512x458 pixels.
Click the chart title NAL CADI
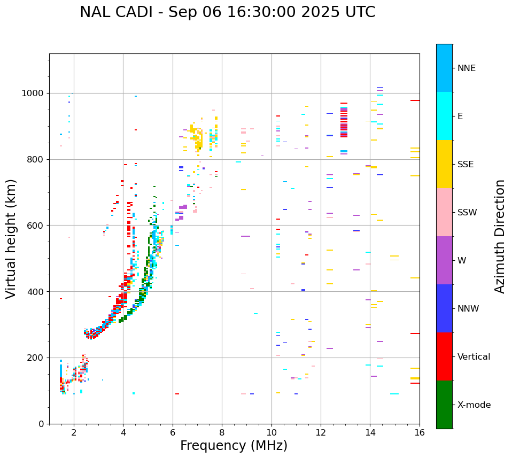[x=227, y=12]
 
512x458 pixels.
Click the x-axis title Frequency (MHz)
[x=234, y=446]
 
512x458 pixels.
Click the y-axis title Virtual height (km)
[x=11, y=239]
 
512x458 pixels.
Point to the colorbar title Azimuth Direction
[x=500, y=236]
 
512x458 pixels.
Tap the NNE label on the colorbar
[x=466, y=68]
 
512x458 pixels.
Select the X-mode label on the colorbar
[x=474, y=405]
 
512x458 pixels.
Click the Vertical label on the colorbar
[x=474, y=357]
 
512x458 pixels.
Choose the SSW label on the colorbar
[x=467, y=213]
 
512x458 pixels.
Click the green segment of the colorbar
[x=444, y=405]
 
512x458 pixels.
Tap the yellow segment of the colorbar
[x=444, y=164]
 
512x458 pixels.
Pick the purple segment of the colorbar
[x=444, y=260]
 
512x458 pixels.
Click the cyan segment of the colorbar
[x=444, y=116]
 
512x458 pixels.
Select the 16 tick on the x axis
[x=420, y=432]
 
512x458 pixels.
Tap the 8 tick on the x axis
[x=222, y=432]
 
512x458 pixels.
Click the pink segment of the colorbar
[x=444, y=212]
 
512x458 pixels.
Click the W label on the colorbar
[x=462, y=261]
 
